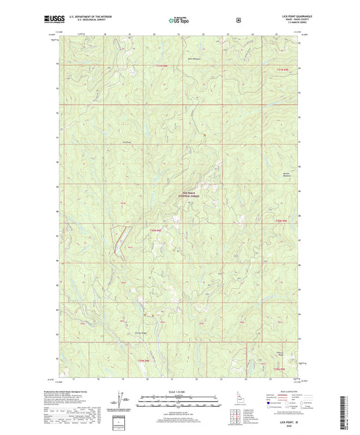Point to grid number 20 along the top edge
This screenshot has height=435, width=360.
[155, 32]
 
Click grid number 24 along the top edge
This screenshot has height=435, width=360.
[252, 32]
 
